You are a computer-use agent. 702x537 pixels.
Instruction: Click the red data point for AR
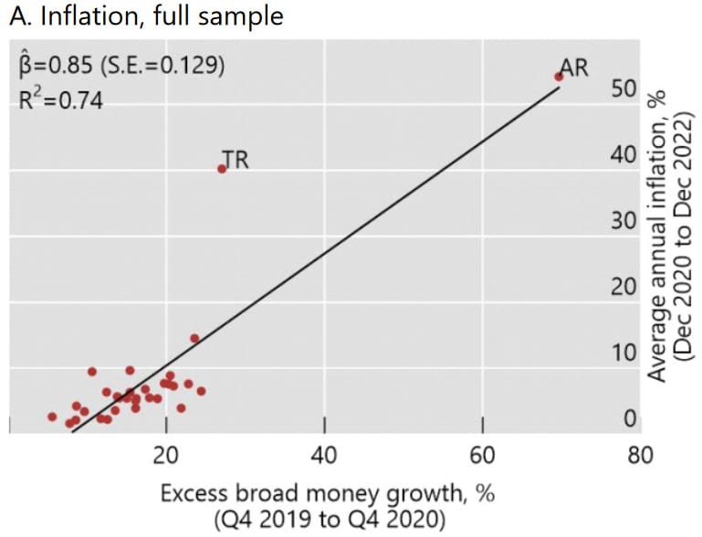pos(559,77)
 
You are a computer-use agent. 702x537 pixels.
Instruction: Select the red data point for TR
pos(221,169)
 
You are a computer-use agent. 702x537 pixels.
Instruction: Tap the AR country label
pos(573,67)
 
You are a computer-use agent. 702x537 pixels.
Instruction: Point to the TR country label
pos(236,161)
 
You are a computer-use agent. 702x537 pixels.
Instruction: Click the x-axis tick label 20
pos(166,454)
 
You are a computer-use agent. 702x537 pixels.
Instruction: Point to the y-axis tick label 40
pos(623,156)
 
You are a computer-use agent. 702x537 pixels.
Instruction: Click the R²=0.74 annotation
pos(60,99)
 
